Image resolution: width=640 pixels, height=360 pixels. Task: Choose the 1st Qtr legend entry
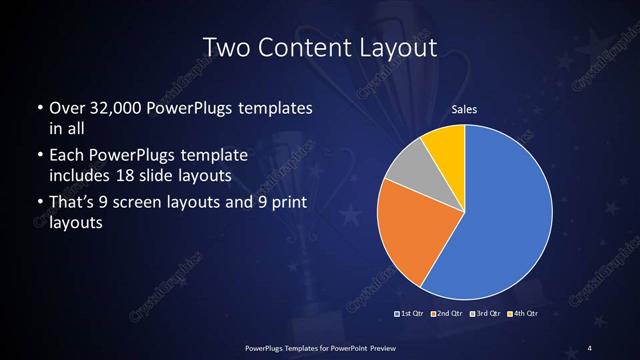click(x=409, y=314)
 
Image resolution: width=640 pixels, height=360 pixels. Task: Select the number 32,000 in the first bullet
click(x=108, y=108)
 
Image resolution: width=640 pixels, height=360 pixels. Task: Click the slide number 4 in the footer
click(x=590, y=347)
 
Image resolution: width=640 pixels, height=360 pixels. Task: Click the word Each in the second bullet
click(x=65, y=156)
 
